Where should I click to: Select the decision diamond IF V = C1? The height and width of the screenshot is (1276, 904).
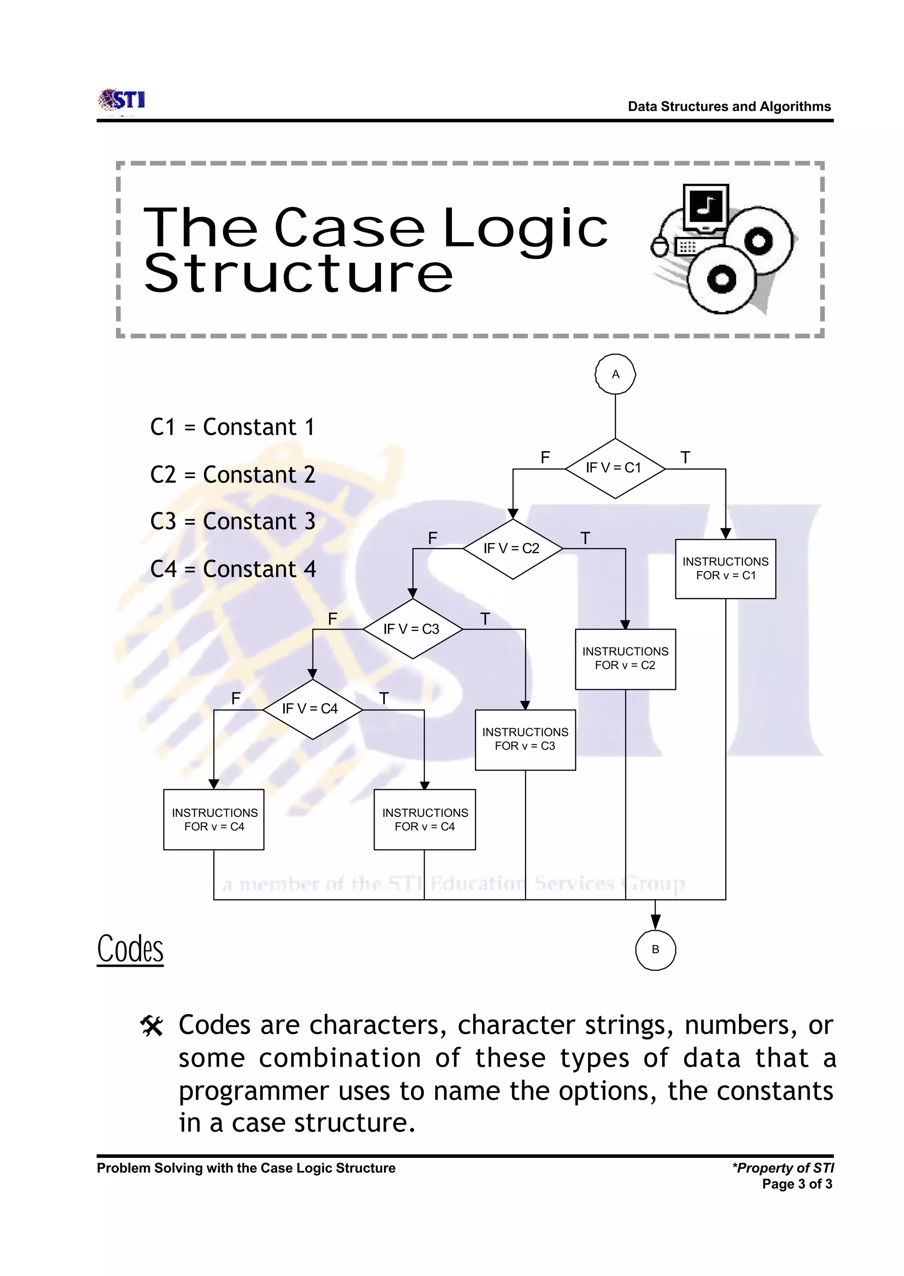pyautogui.click(x=614, y=468)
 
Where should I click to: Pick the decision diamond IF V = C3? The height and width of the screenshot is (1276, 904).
pyautogui.click(x=412, y=629)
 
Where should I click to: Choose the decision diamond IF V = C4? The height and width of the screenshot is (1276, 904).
pyautogui.click(x=312, y=709)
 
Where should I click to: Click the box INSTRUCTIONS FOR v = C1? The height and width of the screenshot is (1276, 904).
pyautogui.click(x=725, y=569)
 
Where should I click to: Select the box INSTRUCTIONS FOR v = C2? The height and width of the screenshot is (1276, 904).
pyautogui.click(x=625, y=659)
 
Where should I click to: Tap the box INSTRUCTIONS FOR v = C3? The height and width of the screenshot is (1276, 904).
pyautogui.click(x=525, y=739)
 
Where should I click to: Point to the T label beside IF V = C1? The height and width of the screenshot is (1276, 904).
pyautogui.click(x=685, y=458)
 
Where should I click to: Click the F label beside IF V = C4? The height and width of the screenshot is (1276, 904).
pyautogui.click(x=236, y=699)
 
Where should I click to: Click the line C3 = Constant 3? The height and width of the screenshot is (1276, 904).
pyautogui.click(x=233, y=522)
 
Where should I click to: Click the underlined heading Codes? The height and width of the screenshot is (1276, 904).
pyautogui.click(x=130, y=949)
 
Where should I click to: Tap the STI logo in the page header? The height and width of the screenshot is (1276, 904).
pyautogui.click(x=122, y=101)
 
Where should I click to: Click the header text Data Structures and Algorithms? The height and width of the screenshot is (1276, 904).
pyautogui.click(x=729, y=106)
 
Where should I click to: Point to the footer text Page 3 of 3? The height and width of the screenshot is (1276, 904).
pyautogui.click(x=797, y=1184)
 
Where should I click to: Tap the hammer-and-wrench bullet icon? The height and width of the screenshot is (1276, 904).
pyautogui.click(x=151, y=1026)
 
